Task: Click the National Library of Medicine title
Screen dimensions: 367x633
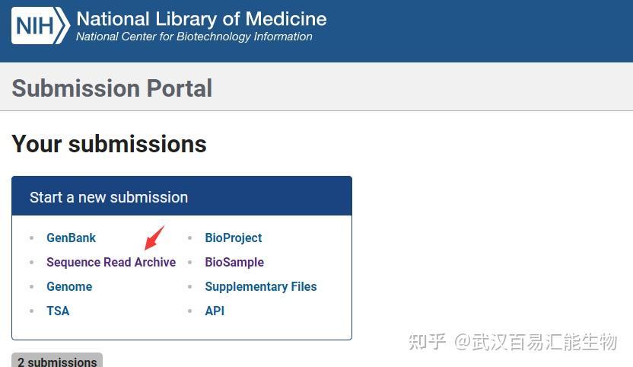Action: pyautogui.click(x=202, y=19)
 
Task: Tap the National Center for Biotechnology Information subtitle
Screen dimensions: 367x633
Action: pyautogui.click(x=194, y=37)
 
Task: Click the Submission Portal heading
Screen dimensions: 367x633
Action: pyautogui.click(x=112, y=88)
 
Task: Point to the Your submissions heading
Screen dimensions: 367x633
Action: pyautogui.click(x=109, y=144)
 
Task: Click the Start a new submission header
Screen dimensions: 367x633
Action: pyautogui.click(x=109, y=197)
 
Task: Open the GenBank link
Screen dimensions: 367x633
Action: pyautogui.click(x=71, y=238)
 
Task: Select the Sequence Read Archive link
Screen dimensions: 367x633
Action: pyautogui.click(x=111, y=262)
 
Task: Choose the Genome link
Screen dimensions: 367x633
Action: pyautogui.click(x=69, y=286)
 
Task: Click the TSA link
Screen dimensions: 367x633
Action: pyautogui.click(x=58, y=311)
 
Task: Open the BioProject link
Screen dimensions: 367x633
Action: pyautogui.click(x=234, y=238)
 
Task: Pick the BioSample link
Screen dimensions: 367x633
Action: pyautogui.click(x=234, y=262)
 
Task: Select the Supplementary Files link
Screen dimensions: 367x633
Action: pyautogui.click(x=261, y=286)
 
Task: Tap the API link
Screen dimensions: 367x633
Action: pyautogui.click(x=215, y=311)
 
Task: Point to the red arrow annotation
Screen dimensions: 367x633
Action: pyautogui.click(x=154, y=238)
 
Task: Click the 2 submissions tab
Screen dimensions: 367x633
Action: pyautogui.click(x=57, y=361)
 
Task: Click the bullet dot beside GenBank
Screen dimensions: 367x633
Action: pyautogui.click(x=31, y=238)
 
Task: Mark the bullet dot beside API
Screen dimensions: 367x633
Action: pyautogui.click(x=189, y=311)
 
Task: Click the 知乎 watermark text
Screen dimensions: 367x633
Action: pyautogui.click(x=427, y=342)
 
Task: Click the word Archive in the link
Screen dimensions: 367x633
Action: pyautogui.click(x=155, y=262)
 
